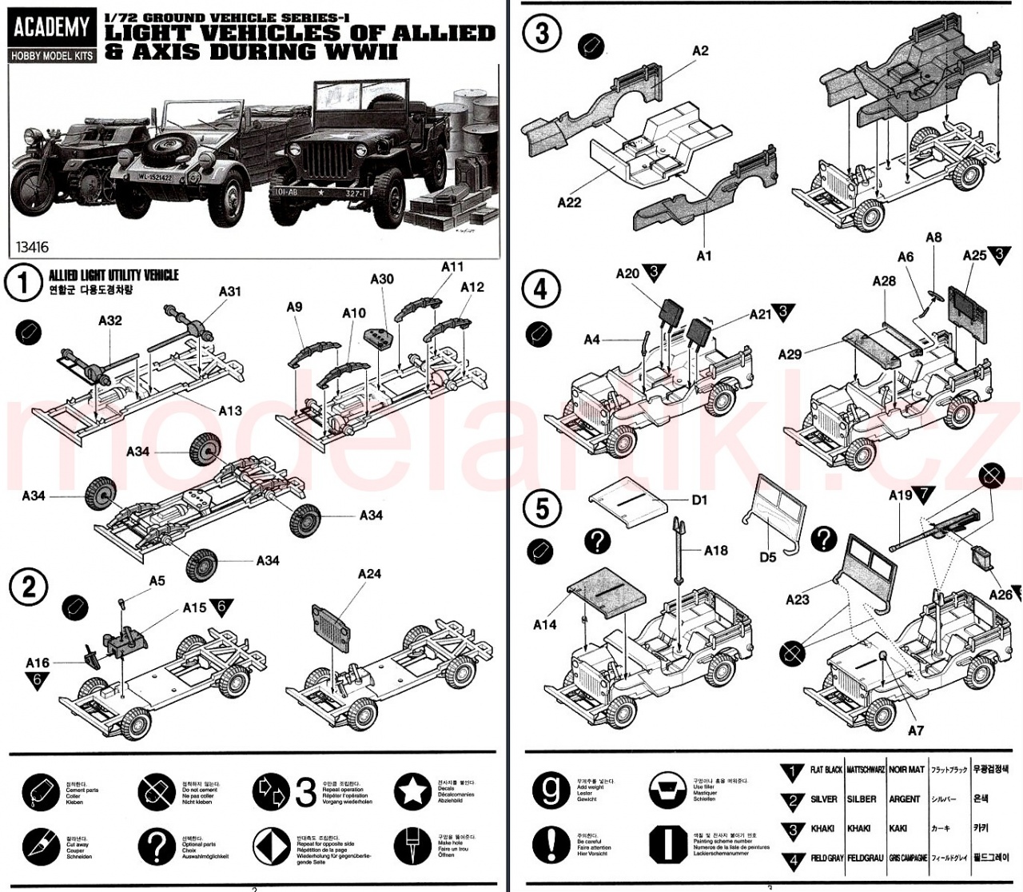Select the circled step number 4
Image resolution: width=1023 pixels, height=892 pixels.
click(540, 288)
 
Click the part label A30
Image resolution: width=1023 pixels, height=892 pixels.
click(382, 279)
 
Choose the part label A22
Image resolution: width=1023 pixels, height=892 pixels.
click(569, 202)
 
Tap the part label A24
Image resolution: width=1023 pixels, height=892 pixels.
click(370, 574)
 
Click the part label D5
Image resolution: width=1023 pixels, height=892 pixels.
click(767, 557)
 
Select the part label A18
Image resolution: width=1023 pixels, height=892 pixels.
click(716, 550)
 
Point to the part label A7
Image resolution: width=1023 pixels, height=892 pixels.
click(916, 730)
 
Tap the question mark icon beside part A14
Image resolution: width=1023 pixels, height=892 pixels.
click(597, 542)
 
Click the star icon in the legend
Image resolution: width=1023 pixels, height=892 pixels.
click(413, 791)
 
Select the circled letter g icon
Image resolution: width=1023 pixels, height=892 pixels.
click(551, 790)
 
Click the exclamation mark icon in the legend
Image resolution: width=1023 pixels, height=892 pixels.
click(551, 843)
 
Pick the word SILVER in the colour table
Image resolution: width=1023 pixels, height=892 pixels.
click(824, 799)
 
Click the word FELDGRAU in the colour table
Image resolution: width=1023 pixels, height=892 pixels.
click(865, 858)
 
